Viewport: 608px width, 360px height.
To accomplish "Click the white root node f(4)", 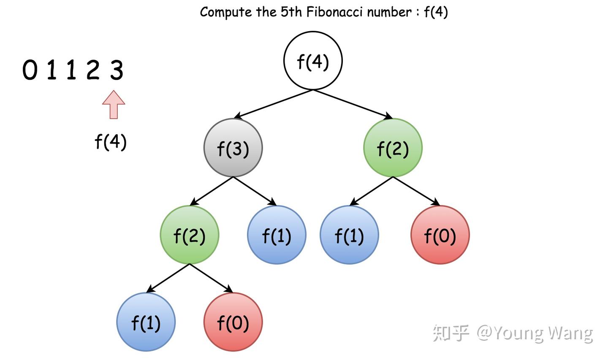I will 312,61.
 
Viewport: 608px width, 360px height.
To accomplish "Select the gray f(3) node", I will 233,148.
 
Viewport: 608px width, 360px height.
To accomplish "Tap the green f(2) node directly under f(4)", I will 393,148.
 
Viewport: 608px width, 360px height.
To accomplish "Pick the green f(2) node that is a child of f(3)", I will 189,235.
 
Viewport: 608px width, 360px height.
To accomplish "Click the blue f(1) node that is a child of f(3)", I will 277,235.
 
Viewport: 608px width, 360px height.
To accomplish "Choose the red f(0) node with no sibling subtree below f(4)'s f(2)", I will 440,235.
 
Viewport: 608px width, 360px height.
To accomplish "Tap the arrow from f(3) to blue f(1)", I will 255,191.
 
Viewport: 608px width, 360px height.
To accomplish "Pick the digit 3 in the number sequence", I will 117,70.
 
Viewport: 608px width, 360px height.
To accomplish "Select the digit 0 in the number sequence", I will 30,70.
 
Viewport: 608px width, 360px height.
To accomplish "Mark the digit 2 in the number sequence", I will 93,70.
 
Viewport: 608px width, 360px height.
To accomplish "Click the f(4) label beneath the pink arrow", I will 111,142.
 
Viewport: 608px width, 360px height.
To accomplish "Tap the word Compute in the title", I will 225,12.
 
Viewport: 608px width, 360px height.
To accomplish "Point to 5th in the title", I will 291,12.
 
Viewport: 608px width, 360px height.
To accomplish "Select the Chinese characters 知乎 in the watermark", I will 450,333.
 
